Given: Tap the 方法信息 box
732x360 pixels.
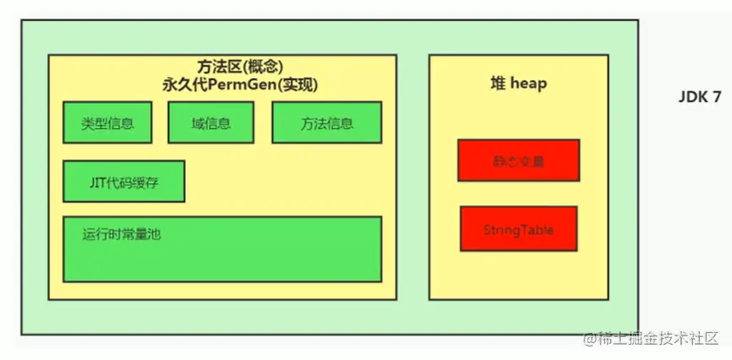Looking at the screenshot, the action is coord(326,123).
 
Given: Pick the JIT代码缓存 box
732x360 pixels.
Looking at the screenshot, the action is coord(124,180).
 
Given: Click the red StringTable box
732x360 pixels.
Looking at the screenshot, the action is coord(518,229).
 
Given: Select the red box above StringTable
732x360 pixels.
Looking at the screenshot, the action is coord(518,160).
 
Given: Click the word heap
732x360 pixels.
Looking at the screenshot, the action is coord(529,83).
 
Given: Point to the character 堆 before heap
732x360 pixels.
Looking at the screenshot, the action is coord(498,83).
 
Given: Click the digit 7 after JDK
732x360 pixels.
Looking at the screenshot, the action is coord(717,97).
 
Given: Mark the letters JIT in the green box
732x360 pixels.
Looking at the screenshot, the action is coord(97,180).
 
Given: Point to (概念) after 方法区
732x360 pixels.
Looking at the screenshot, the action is coord(261,67).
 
